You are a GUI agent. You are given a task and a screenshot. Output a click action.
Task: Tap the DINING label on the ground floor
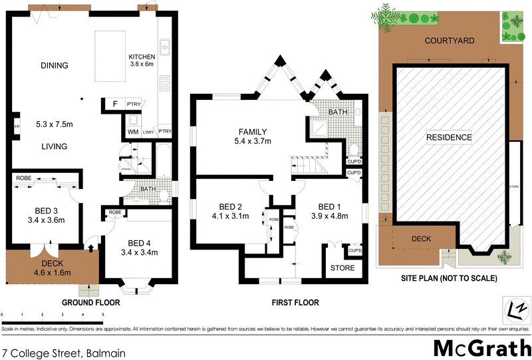(x=54, y=65)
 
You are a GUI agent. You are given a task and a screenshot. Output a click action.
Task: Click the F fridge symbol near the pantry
(x=115, y=104)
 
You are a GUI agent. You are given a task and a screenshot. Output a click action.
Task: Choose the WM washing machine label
(x=133, y=132)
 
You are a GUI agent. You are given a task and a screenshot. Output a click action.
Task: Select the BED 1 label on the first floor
(x=329, y=206)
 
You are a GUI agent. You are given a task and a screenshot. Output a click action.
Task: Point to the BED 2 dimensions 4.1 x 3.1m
(x=229, y=216)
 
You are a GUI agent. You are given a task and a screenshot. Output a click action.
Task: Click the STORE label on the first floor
(x=342, y=268)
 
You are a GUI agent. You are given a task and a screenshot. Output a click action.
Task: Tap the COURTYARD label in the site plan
(x=449, y=41)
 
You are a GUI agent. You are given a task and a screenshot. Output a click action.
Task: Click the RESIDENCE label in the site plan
(x=449, y=138)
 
